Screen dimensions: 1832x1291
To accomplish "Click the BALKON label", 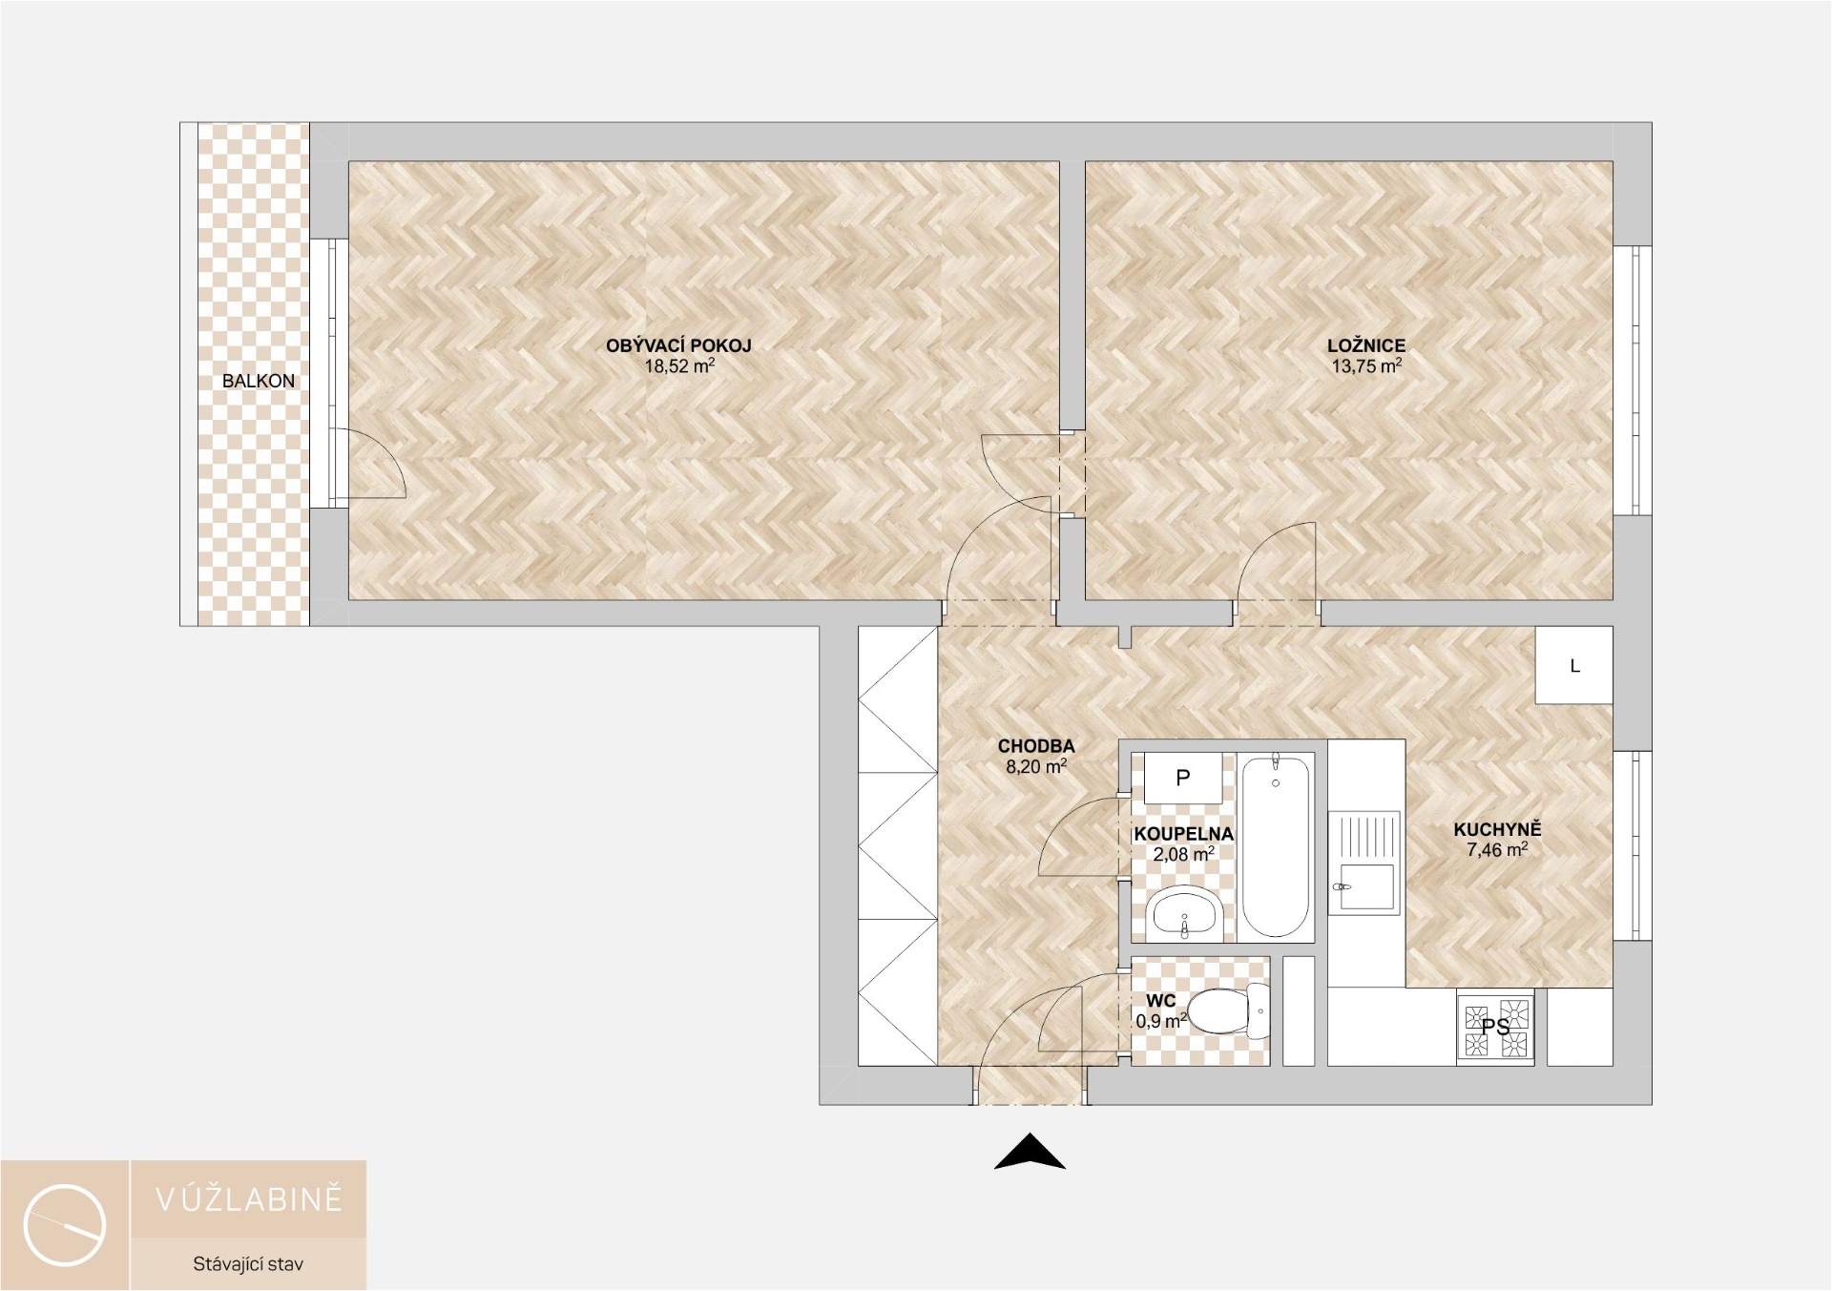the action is pos(259,381).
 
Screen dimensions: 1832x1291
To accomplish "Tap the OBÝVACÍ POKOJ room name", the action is pos(679,346).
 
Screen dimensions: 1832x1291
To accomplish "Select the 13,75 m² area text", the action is pos(1366,365).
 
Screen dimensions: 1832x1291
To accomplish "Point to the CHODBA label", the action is pos(1036,746).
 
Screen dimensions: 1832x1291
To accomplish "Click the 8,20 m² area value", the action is pos(1036,765).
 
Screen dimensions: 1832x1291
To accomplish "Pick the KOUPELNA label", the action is pos(1183,834).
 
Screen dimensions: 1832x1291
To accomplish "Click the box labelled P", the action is pos(1183,778).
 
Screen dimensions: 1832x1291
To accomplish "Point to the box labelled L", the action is pos(1574,666).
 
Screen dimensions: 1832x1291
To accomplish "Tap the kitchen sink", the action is pos(1364,887).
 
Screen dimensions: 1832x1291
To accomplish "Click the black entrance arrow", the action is pos(1030,1151).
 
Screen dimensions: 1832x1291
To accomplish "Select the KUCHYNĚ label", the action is pos(1497,830).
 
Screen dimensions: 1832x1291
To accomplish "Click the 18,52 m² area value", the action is pos(679,365).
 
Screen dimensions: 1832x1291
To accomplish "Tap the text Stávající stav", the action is pos(248,1264).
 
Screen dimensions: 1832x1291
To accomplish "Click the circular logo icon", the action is pos(65,1225).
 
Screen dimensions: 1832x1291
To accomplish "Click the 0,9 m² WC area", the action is pos(1161,1020).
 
